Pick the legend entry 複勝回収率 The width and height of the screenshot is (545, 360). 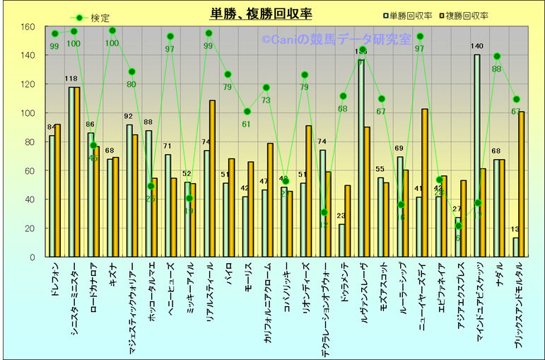tap(469, 14)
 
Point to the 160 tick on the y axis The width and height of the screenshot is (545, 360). tap(28, 27)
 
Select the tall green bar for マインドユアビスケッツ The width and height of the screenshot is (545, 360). tap(477, 156)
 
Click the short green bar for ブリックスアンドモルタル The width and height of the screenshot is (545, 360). tap(515, 248)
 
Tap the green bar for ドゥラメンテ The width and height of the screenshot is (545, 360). tap(342, 240)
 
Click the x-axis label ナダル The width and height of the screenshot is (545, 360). tap(500, 277)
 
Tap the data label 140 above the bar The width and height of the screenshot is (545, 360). tap(477, 47)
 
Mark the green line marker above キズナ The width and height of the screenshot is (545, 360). tap(112, 30)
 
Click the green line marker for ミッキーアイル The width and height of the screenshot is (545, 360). tap(189, 199)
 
